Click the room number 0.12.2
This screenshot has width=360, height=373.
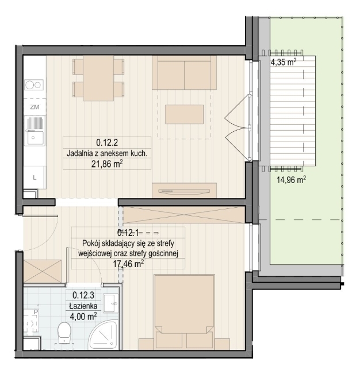pyautogui.click(x=107, y=143)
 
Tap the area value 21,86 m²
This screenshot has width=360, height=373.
pyautogui.click(x=107, y=164)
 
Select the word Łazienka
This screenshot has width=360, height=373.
pyautogui.click(x=83, y=306)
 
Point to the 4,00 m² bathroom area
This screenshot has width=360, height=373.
pyautogui.click(x=83, y=317)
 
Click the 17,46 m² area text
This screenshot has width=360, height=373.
pyautogui.click(x=129, y=264)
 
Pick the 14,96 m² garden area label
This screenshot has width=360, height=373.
pyautogui.click(x=291, y=180)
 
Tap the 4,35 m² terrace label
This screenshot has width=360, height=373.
pyautogui.click(x=284, y=62)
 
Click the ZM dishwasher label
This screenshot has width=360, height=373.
pyautogui.click(x=35, y=107)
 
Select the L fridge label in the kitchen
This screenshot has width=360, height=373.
pyautogui.click(x=35, y=177)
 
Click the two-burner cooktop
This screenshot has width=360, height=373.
pyautogui.click(x=34, y=85)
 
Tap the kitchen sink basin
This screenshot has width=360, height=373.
pyautogui.click(x=35, y=137)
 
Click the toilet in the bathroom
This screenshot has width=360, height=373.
pyautogui.click(x=64, y=332)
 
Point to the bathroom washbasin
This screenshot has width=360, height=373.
pyautogui.click(x=111, y=302)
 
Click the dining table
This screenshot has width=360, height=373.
pyautogui.click(x=98, y=78)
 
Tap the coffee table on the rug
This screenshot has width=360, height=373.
pyautogui.click(x=184, y=115)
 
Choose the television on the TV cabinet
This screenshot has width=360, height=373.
pyautogui.click(x=184, y=191)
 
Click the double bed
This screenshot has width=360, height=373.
pyautogui.click(x=184, y=312)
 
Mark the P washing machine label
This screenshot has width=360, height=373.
pyautogui.click(x=36, y=311)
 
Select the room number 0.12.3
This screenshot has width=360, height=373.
pyautogui.click(x=83, y=295)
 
